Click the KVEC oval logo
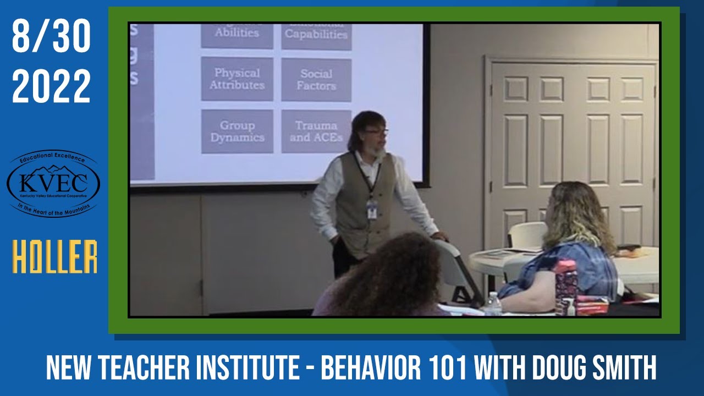point(53,184)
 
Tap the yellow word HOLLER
point(55,257)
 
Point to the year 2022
point(51,86)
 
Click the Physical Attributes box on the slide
point(237,79)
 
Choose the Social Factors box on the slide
point(316,80)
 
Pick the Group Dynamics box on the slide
point(237,131)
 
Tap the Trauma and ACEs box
point(316,131)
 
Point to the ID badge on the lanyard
point(372,209)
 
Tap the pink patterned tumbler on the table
point(566,286)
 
